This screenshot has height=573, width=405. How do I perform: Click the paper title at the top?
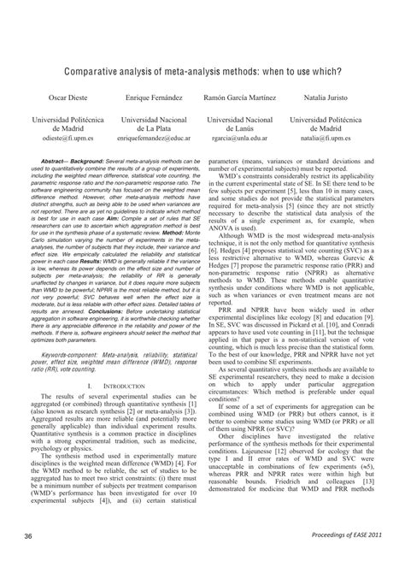202,71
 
